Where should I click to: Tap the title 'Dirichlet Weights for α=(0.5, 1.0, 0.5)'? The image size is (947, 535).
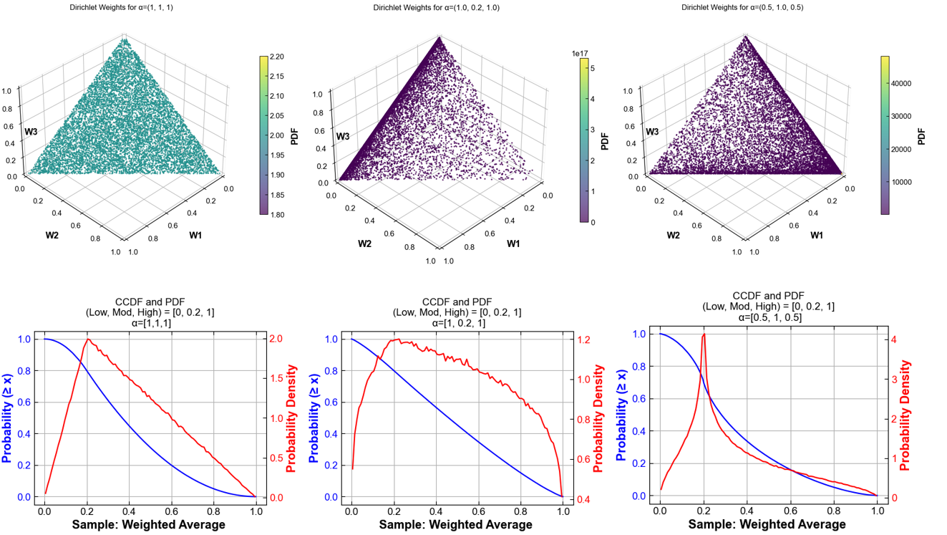(x=737, y=8)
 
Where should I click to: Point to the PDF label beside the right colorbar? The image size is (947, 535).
(x=921, y=136)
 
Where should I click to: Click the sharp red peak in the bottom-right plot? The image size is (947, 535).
(x=704, y=334)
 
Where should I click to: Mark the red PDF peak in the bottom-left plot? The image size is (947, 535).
(x=88, y=339)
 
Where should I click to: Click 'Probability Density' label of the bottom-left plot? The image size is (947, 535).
(x=292, y=418)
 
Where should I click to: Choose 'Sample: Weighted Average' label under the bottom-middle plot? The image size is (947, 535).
(x=455, y=524)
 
